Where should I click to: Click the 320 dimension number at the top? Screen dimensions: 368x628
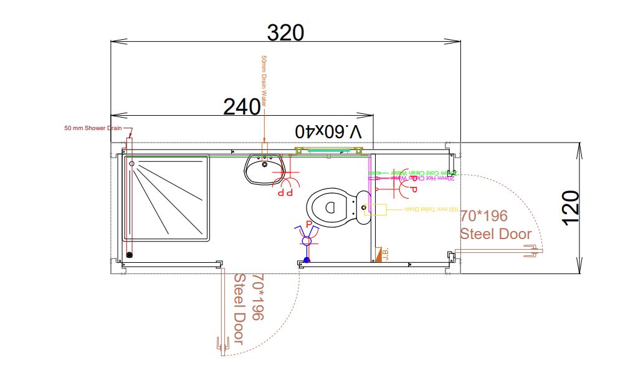pyautogui.click(x=286, y=32)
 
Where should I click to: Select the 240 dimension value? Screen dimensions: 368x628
pyautogui.click(x=242, y=107)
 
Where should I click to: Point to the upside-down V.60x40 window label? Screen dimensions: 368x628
pyautogui.click(x=328, y=131)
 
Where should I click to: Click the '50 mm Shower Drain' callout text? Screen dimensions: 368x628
pyautogui.click(x=93, y=128)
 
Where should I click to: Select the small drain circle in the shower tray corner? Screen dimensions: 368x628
pyautogui.click(x=132, y=164)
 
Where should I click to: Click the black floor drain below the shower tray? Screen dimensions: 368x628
pyautogui.click(x=130, y=255)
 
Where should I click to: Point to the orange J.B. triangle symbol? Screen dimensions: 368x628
pyautogui.click(x=378, y=255)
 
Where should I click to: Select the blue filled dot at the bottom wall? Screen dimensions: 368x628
pyautogui.click(x=307, y=260)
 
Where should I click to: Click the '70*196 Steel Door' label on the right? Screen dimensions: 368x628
pyautogui.click(x=495, y=225)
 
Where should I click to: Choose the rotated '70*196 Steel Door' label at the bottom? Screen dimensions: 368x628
pyautogui.click(x=248, y=308)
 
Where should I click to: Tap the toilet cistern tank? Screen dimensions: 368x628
pyautogui.click(x=363, y=207)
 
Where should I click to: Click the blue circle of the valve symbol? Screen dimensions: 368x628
pyautogui.click(x=306, y=240)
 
